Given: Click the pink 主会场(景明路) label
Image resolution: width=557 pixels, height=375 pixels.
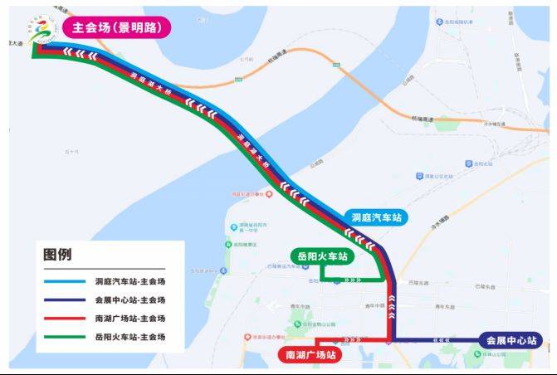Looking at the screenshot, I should tap(116, 27).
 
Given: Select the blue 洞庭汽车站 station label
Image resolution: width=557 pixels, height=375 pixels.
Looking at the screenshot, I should tap(376, 217).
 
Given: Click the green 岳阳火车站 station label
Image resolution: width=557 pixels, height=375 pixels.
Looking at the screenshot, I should tap(320, 256).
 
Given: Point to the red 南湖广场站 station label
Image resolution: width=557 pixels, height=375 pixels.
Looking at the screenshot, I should tap(309, 355).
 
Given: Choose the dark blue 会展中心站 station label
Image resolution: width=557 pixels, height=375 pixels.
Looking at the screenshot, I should tap(511, 340).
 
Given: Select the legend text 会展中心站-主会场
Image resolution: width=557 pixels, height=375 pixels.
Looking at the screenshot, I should tap(129, 300).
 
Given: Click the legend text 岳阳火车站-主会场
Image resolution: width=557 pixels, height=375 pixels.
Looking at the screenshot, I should tap(129, 337).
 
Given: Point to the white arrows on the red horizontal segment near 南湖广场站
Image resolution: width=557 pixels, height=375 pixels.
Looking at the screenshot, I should tap(344, 339).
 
